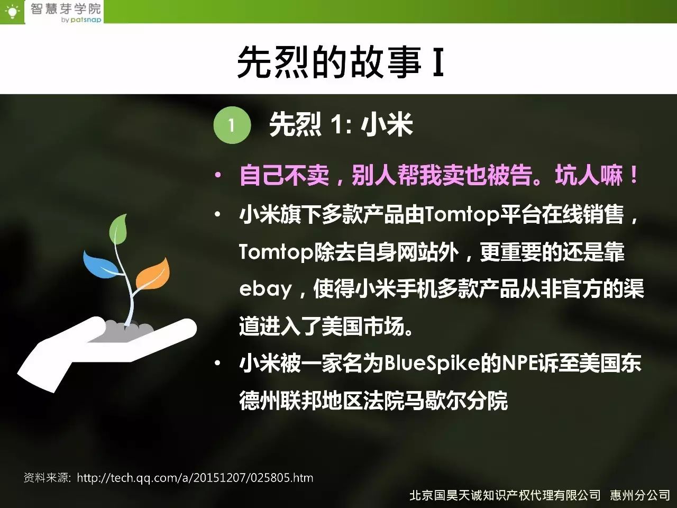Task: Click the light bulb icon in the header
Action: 12,12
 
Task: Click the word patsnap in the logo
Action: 86,20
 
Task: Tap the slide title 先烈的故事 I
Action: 341,61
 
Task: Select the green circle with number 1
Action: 232,125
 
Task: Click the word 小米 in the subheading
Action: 387,124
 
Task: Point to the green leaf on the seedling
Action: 118,229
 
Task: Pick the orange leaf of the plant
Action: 153,274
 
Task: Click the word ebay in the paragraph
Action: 266,289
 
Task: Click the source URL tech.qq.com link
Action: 195,478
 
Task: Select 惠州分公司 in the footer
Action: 639,495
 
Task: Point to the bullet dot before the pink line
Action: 218,175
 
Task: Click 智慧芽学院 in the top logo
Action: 66,8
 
